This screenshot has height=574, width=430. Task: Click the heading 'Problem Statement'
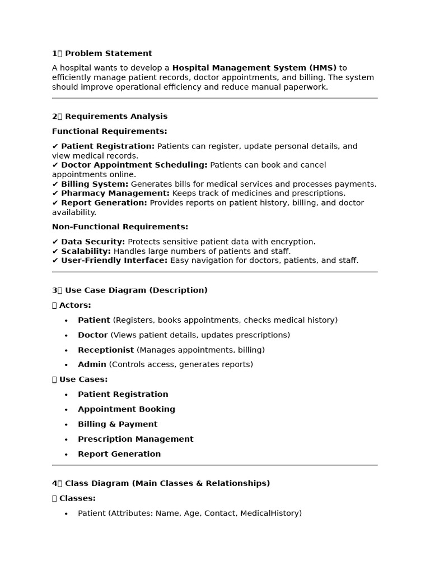tap(108, 54)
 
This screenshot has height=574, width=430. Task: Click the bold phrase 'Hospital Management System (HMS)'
tap(254, 68)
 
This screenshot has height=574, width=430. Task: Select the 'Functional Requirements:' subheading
tap(110, 132)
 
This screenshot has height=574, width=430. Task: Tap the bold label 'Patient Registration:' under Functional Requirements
tap(107, 146)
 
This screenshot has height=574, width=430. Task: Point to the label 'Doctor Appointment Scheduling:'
tap(134, 165)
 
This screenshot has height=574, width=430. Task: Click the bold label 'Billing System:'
tap(95, 184)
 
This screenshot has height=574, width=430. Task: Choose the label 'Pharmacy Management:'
tap(115, 193)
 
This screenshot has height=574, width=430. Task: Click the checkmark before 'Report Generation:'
tap(55, 203)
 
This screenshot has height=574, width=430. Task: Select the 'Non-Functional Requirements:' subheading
tap(120, 227)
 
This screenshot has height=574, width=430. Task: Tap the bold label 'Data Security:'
tap(93, 242)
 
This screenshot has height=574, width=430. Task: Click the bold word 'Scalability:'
tap(86, 252)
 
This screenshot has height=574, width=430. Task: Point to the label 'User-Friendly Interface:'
tap(114, 261)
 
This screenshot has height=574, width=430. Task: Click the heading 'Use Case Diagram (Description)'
tap(136, 290)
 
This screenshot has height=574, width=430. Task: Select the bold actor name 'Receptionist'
tap(106, 350)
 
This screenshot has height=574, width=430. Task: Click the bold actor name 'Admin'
tap(92, 364)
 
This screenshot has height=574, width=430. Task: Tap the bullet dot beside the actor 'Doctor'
tap(66, 335)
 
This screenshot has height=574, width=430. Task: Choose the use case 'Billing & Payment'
tap(118, 424)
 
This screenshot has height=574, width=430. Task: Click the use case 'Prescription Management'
tap(135, 439)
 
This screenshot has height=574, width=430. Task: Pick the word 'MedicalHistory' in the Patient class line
tap(270, 513)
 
